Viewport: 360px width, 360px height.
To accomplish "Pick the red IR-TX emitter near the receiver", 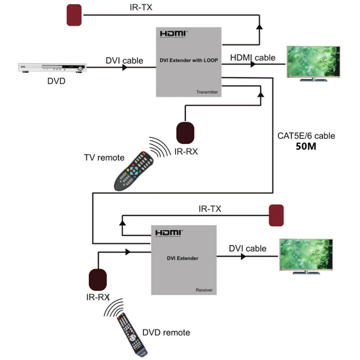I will coord(276,216).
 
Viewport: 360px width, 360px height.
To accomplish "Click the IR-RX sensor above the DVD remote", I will coord(99,279).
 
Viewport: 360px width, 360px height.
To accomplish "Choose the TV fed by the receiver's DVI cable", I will coord(306,255).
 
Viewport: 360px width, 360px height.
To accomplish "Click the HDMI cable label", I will coord(252,58).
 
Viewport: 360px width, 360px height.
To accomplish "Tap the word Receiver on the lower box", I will coord(204,290).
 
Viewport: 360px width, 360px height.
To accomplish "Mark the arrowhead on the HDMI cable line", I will coord(253,64).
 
